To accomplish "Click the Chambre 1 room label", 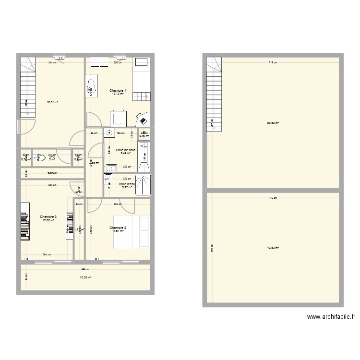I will pyautogui.click(x=118, y=91).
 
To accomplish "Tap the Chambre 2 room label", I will pyautogui.click(x=118, y=228).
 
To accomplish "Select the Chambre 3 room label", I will pyautogui.click(x=48, y=217).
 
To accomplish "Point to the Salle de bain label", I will pyautogui.click(x=126, y=150).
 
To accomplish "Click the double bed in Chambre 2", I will pyautogui.click(x=132, y=232).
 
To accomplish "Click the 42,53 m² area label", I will pyautogui.click(x=273, y=248).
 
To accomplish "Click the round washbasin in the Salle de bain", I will pyautogui.click(x=110, y=135).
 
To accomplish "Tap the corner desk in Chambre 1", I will pyautogui.click(x=143, y=118).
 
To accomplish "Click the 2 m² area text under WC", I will pyautogui.click(x=52, y=159).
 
